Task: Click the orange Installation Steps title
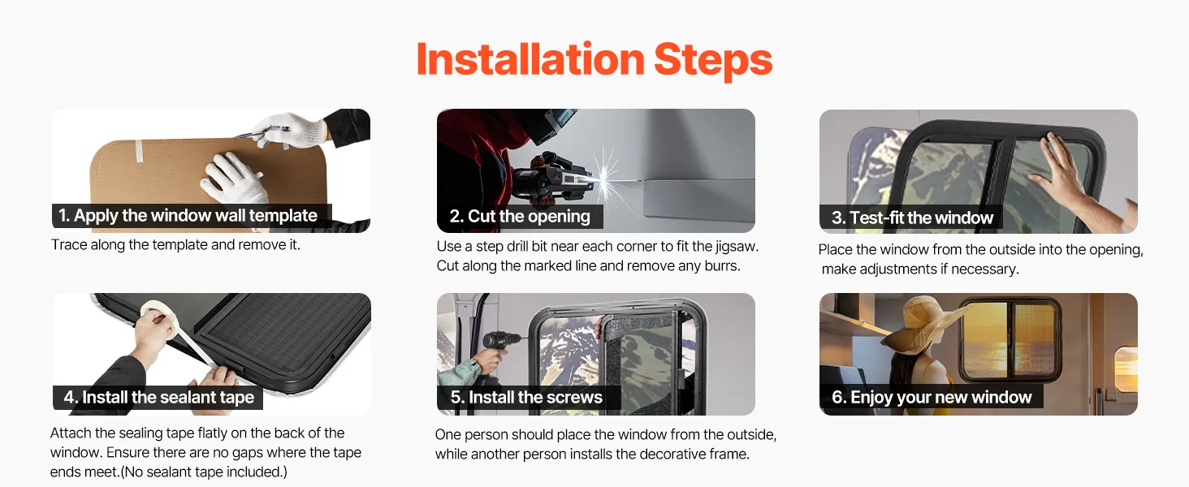pyautogui.click(x=594, y=59)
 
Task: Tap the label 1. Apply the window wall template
pyautogui.click(x=188, y=215)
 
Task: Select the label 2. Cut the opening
pyautogui.click(x=520, y=217)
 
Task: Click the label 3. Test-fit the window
pyautogui.click(x=912, y=218)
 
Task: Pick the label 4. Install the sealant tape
pyautogui.click(x=158, y=398)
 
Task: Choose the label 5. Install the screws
pyautogui.click(x=526, y=398)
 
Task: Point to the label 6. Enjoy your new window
pyautogui.click(x=932, y=398)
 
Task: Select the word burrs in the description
pyautogui.click(x=720, y=265)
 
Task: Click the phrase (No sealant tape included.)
pyautogui.click(x=204, y=472)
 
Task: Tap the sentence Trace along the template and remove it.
pyautogui.click(x=175, y=245)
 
